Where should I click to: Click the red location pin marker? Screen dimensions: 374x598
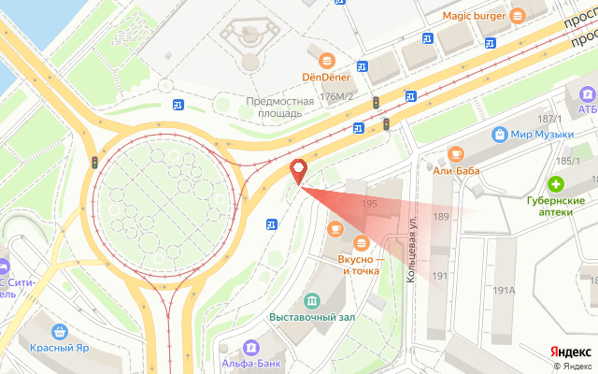point(299,170)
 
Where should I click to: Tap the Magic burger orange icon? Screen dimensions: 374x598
point(519,15)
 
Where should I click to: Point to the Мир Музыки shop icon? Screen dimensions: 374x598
point(501,135)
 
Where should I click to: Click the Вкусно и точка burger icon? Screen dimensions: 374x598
point(360,244)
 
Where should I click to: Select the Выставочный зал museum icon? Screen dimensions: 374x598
point(312,300)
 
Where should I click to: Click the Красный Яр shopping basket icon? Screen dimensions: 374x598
point(61,331)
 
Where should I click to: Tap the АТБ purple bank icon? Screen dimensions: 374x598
point(587,94)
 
